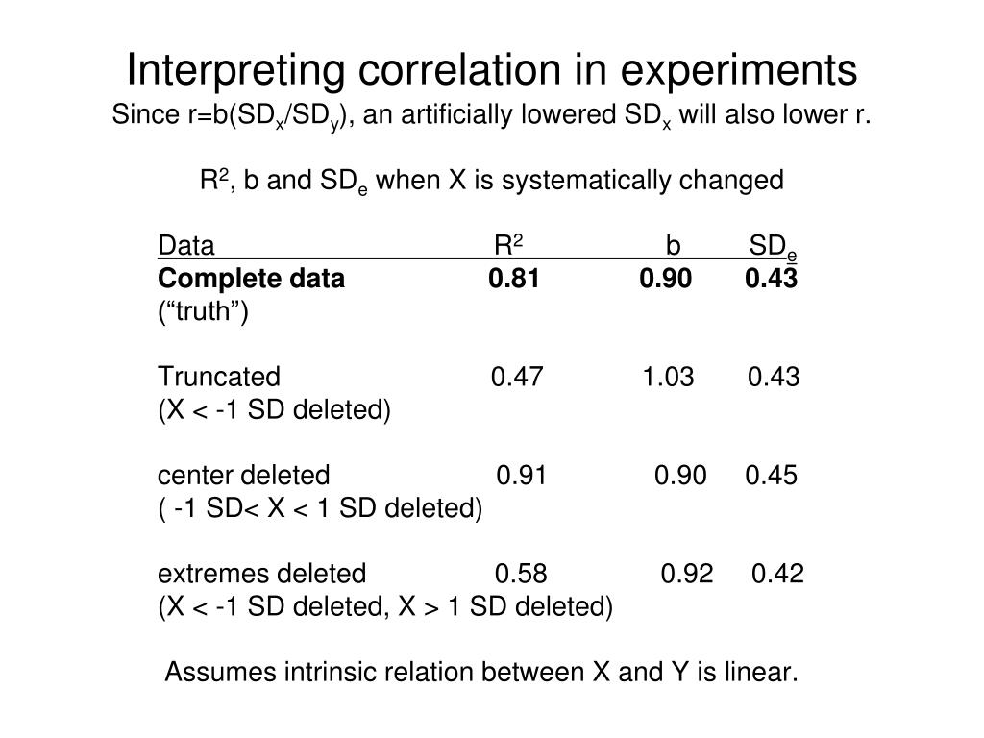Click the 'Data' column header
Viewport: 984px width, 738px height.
186,247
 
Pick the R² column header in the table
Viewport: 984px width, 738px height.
508,246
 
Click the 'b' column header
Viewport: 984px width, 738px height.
674,247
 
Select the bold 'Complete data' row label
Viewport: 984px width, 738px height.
251,279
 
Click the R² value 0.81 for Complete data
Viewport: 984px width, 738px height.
514,279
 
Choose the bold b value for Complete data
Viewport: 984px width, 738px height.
665,279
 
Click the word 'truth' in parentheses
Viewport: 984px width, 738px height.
204,312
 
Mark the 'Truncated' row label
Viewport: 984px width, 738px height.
219,377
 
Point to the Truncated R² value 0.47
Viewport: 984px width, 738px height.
517,377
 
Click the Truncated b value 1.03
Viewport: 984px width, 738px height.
668,377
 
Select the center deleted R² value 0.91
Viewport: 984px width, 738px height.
523,476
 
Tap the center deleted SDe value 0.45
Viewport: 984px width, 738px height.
771,476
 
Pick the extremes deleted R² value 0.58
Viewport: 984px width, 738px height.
522,575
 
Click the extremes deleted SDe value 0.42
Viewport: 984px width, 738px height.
778,575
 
